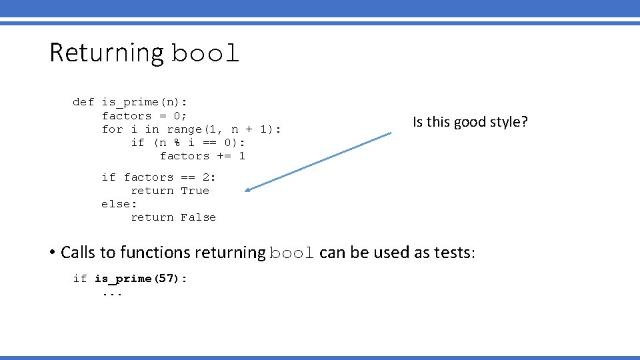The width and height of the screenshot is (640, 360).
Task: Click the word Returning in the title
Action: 107,53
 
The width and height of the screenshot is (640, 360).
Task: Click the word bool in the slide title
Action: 205,54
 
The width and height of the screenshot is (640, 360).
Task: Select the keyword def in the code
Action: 83,102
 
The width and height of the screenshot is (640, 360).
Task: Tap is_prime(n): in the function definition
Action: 145,102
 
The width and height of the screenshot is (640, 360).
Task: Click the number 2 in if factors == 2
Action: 206,177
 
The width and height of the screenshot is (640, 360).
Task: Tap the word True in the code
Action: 195,191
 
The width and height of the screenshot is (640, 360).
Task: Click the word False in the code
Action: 199,217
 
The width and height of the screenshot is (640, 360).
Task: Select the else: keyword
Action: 119,204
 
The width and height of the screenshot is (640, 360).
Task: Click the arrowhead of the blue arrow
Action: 247,190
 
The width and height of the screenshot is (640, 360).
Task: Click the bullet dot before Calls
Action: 51,253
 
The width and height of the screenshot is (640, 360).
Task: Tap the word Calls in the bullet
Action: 78,253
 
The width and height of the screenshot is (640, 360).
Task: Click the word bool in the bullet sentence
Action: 292,253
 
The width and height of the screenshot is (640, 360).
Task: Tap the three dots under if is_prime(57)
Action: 112,293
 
